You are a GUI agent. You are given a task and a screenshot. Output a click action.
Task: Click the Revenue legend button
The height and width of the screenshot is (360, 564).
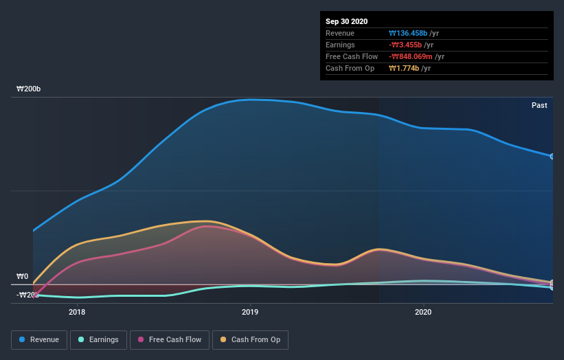(x=39, y=339)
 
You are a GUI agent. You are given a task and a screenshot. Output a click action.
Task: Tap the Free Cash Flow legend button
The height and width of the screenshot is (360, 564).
(x=169, y=339)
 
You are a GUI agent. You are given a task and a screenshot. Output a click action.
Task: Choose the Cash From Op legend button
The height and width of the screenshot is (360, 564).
(x=250, y=339)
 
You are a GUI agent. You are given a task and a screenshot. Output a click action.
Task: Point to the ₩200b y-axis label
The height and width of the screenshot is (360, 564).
(x=29, y=89)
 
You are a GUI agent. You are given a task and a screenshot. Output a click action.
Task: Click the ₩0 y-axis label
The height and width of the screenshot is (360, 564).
(x=23, y=277)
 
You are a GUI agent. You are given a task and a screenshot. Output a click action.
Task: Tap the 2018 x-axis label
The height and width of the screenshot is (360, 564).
(x=77, y=312)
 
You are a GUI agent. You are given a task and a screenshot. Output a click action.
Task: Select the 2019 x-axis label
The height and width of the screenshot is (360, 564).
(x=250, y=312)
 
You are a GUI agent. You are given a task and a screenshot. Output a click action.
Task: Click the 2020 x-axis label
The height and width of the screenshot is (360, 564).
(x=423, y=312)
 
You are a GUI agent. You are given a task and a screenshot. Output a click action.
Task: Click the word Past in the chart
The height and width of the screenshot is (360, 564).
(x=539, y=105)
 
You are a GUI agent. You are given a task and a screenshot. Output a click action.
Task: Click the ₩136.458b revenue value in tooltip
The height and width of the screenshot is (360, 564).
(x=408, y=33)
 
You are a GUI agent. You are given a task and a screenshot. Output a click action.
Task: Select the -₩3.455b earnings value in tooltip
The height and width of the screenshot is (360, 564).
(x=407, y=45)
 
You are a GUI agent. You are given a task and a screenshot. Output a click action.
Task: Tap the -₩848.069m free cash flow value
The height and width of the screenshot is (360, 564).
(x=411, y=56)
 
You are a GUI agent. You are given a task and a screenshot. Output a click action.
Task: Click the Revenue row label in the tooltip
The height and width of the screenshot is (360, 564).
(x=340, y=33)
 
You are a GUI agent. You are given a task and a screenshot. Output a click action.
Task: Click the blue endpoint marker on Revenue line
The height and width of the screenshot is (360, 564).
(x=552, y=157)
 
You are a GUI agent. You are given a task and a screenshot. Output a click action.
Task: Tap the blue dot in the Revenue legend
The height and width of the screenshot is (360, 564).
(x=23, y=339)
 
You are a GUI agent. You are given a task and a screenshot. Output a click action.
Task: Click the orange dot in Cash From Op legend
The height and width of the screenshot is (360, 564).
(x=223, y=339)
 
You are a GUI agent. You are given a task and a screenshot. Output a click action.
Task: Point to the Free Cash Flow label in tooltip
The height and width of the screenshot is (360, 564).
(x=352, y=56)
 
